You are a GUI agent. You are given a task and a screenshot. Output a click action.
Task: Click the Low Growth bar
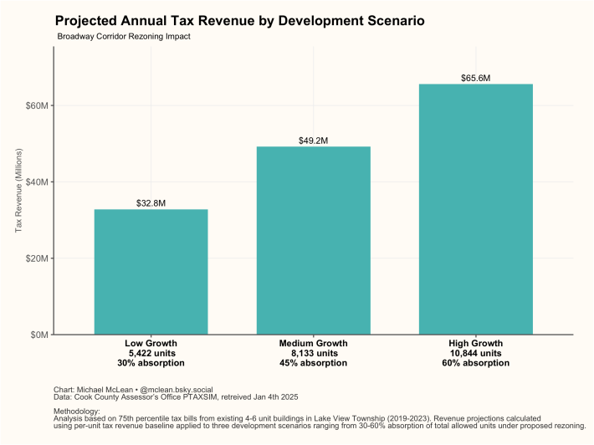click(x=151, y=272)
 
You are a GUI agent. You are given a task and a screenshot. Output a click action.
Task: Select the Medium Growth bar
click(x=313, y=241)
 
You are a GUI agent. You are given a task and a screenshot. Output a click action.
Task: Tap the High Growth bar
click(x=475, y=209)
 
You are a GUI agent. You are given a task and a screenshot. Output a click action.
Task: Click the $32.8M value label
click(x=151, y=203)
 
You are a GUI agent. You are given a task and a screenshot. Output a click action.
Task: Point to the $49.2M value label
click(x=313, y=141)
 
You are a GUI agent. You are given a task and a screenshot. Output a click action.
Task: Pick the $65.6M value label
click(x=475, y=78)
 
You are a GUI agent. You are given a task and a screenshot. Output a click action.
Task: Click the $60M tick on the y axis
click(x=37, y=105)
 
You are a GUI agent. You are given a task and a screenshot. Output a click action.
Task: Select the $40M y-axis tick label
click(x=37, y=182)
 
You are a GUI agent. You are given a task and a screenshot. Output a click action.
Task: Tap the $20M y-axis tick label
click(x=37, y=258)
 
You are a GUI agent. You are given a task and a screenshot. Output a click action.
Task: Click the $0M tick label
click(x=39, y=335)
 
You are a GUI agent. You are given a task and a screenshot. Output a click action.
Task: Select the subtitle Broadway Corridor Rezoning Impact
click(x=124, y=37)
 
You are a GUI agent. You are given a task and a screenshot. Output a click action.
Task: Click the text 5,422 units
click(x=151, y=353)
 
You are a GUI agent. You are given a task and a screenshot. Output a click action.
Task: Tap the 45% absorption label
click(x=313, y=363)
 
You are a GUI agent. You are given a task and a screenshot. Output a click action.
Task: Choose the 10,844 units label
click(x=475, y=353)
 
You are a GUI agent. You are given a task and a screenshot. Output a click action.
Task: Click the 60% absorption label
click(x=475, y=363)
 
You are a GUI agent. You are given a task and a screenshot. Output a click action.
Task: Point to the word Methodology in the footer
click(x=76, y=412)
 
